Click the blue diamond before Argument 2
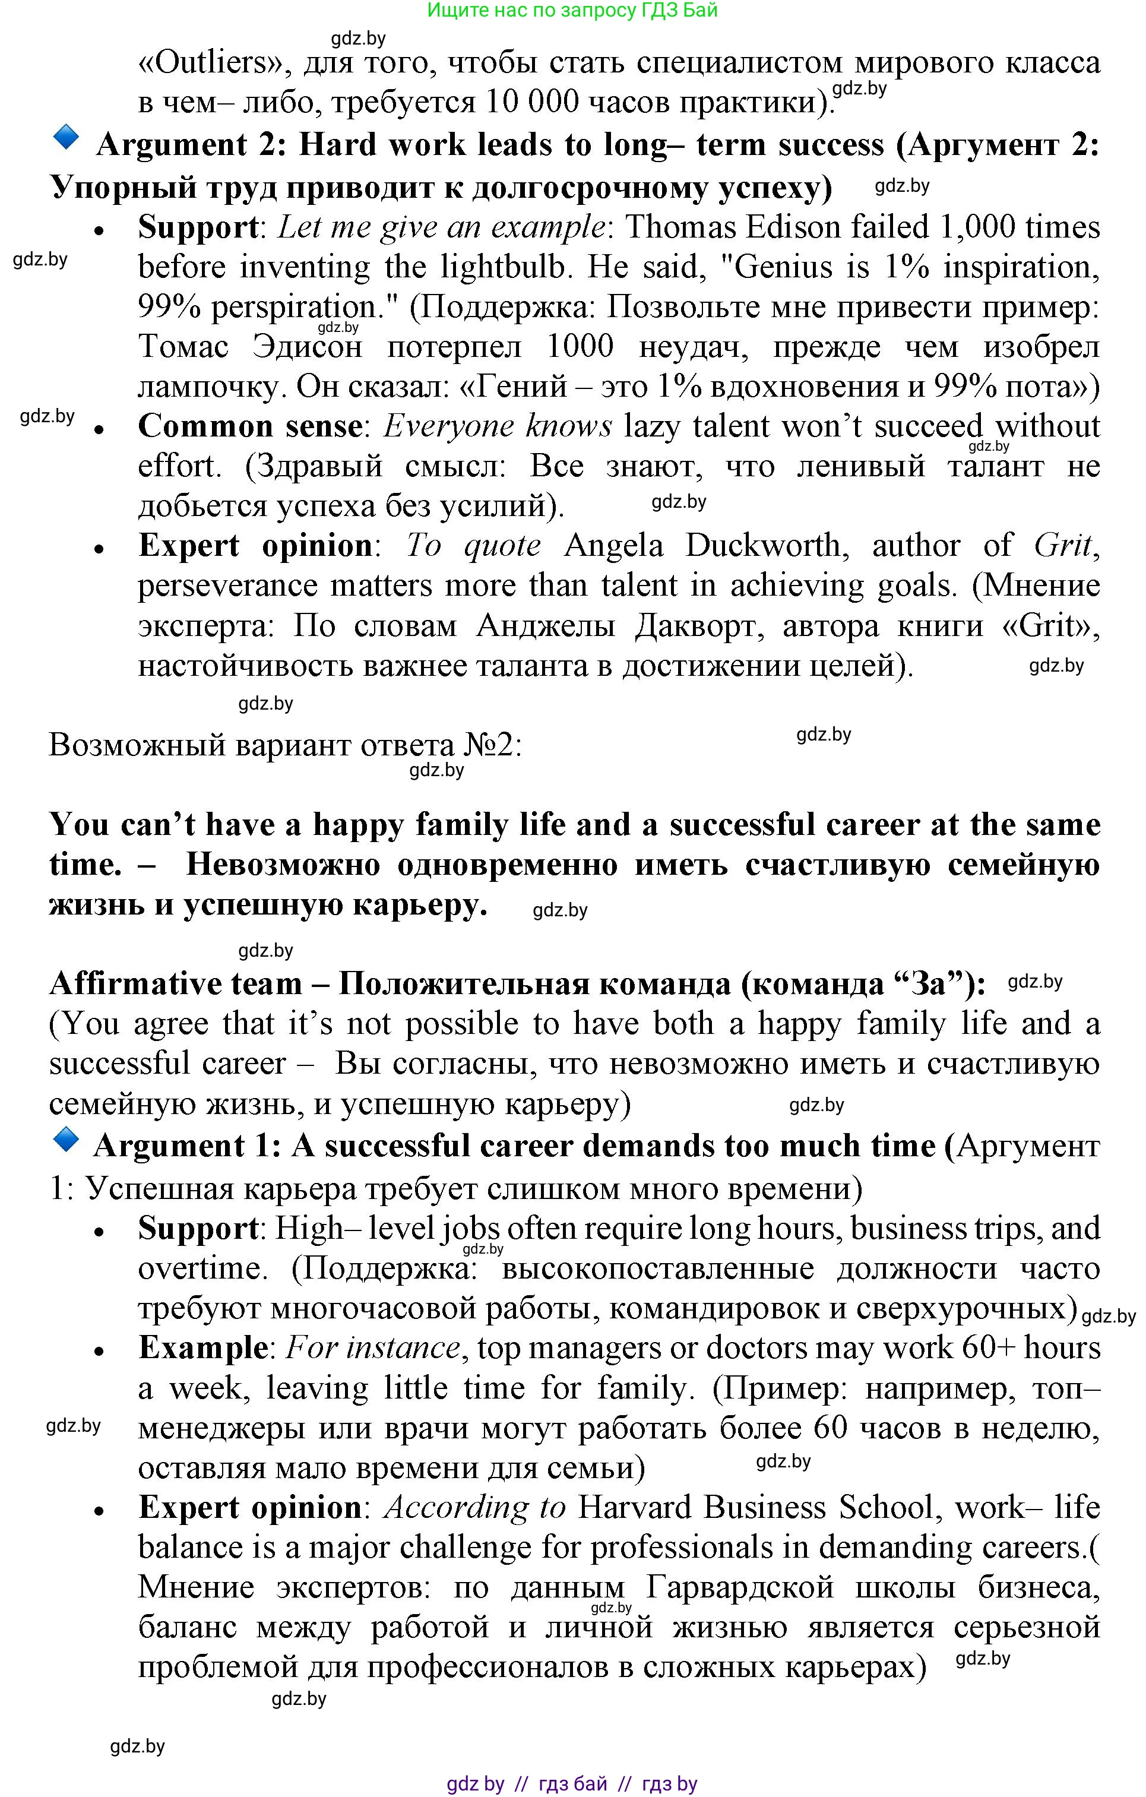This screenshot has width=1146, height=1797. [x=67, y=137]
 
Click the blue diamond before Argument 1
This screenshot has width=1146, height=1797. [x=67, y=1140]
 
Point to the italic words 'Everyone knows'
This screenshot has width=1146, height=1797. [x=498, y=426]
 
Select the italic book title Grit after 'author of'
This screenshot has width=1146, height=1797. [x=1063, y=546]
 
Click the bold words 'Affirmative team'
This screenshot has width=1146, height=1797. [x=175, y=985]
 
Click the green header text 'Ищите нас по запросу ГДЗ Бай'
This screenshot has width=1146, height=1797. [x=572, y=11]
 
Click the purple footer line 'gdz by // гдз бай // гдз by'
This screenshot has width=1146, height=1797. [x=572, y=1783]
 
